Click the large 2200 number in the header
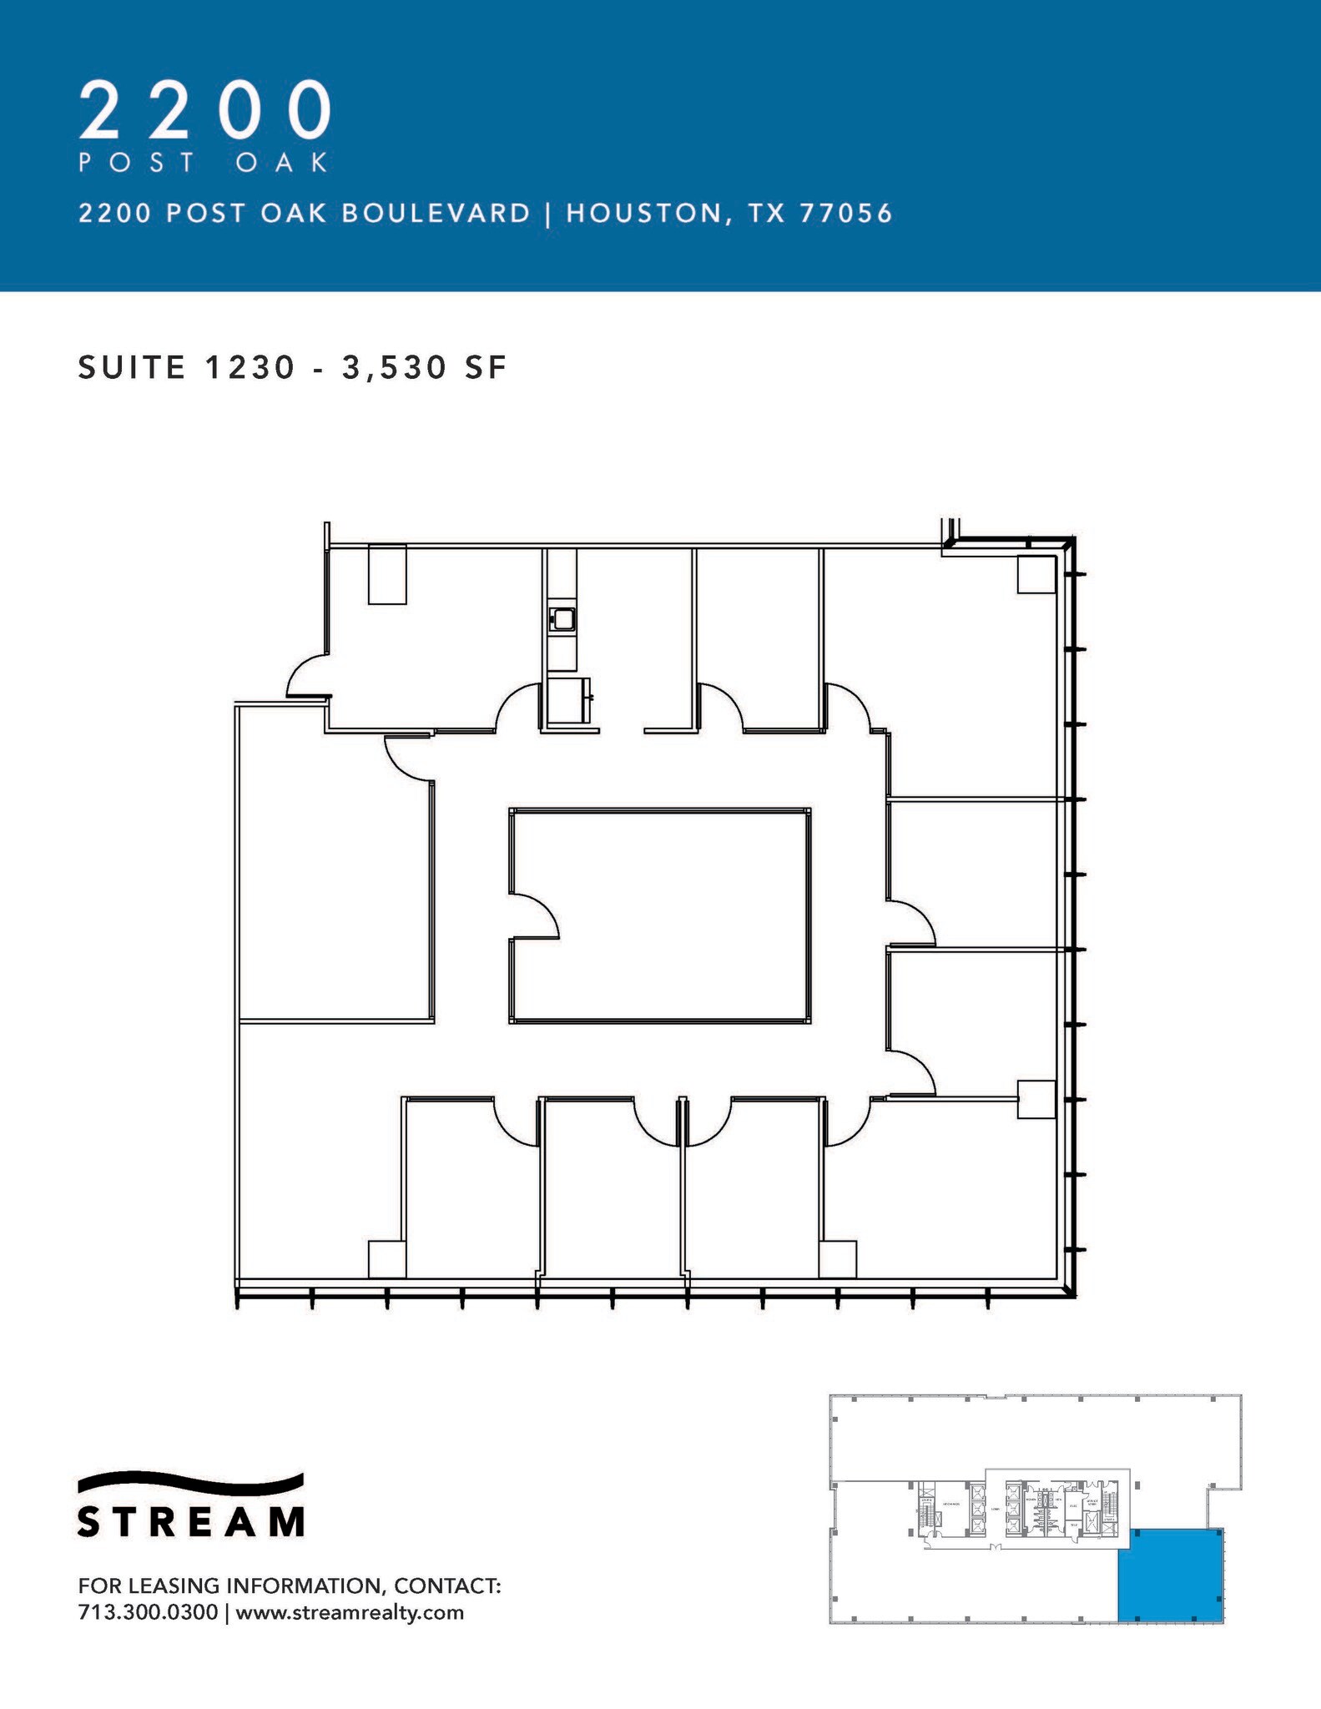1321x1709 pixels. click(x=205, y=110)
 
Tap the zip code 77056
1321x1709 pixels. click(x=846, y=214)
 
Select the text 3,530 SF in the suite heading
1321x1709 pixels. click(x=424, y=368)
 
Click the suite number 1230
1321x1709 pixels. click(x=250, y=368)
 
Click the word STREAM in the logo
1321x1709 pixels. click(x=190, y=1521)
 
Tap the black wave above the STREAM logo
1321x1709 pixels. click(x=190, y=1482)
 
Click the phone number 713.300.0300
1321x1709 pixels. click(x=148, y=1611)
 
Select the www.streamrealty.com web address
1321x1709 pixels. click(x=350, y=1611)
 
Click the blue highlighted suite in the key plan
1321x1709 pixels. click(x=1170, y=1574)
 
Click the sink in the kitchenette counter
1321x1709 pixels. click(x=563, y=619)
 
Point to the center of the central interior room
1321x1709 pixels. click(x=659, y=915)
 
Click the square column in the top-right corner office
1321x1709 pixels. click(x=1036, y=574)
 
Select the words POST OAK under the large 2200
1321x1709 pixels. click(x=204, y=162)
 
